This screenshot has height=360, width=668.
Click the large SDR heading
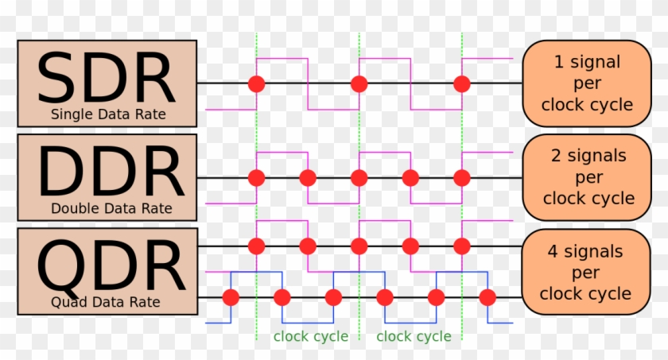click(x=107, y=77)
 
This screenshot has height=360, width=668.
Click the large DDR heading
click(x=111, y=171)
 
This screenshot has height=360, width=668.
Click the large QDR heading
click(x=111, y=267)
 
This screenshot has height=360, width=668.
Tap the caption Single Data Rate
click(x=108, y=114)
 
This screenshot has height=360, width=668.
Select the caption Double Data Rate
click(x=111, y=208)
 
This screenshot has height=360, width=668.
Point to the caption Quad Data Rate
click(x=106, y=302)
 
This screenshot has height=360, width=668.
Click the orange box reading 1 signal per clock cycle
click(x=587, y=83)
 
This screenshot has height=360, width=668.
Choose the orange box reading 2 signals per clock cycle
click(x=587, y=177)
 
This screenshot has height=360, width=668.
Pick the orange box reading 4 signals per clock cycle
click(x=586, y=272)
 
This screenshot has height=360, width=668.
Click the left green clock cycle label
click(x=311, y=336)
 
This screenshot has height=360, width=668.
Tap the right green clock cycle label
click(x=414, y=336)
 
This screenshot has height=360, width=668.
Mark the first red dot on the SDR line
click(x=256, y=83)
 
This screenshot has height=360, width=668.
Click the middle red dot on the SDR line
click(x=359, y=83)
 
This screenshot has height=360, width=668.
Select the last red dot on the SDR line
click(x=462, y=83)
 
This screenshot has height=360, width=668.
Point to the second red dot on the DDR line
click(x=308, y=178)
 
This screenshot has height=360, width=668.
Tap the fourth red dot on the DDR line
click(x=410, y=178)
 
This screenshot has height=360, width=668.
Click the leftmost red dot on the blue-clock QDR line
click(x=231, y=297)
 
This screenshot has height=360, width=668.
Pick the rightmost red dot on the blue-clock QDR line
click(x=487, y=297)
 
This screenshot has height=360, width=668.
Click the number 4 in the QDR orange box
click(x=553, y=251)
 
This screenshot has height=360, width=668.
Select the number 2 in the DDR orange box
click(x=556, y=156)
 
